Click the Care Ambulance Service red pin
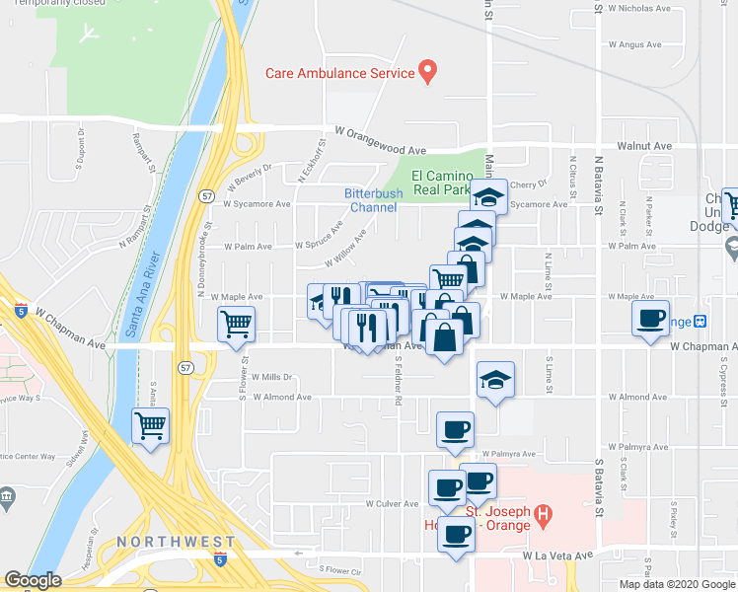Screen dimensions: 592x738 pos(427,71)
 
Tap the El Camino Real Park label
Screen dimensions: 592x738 pos(441,182)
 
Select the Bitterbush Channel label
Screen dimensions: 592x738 pos(371,200)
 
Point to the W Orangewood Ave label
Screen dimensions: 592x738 pos(379,139)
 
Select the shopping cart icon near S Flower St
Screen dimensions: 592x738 pos(237,323)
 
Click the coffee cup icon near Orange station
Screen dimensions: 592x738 pos(650,318)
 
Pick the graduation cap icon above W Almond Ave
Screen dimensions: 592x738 pos(495,379)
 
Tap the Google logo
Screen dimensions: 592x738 pos(34,580)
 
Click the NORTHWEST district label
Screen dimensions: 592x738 pos(176,542)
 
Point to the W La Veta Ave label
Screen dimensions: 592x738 pos(557,555)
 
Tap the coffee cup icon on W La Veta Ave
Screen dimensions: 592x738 pos(455,536)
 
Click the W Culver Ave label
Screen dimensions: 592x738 pos(392,503)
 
